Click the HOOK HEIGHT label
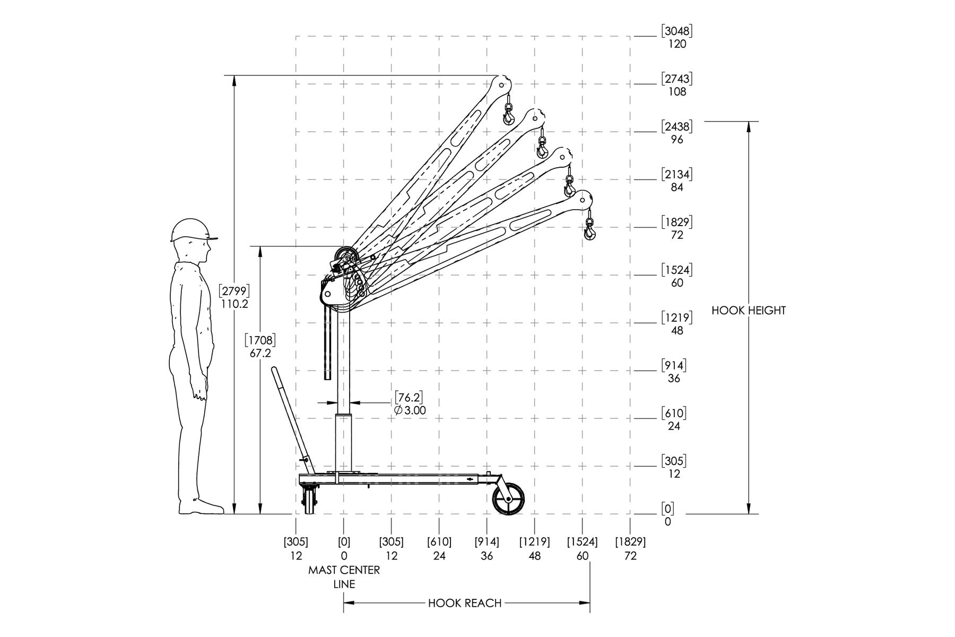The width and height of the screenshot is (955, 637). pos(748,311)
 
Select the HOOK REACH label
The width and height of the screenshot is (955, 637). pos(465,603)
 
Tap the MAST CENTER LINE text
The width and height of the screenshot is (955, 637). pos(344,577)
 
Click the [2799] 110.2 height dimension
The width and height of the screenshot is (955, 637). pos(234,297)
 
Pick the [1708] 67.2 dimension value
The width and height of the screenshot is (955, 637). pos(260,345)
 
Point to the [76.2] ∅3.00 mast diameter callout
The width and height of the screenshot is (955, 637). pos(409,403)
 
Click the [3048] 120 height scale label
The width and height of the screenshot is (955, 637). pos(677,37)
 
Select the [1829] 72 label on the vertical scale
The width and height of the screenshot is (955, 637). pos(676,228)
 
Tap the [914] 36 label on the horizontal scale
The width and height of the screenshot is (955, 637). pos(487,549)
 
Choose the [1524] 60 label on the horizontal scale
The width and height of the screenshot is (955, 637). pos(582,549)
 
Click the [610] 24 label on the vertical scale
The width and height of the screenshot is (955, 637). pos(674,419)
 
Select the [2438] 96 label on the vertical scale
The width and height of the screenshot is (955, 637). pos(676,133)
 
